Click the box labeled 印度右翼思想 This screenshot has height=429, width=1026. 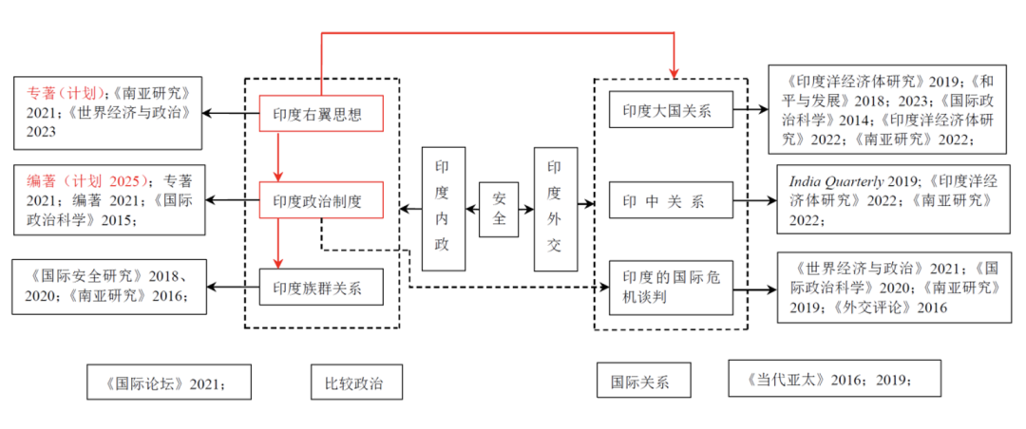coord(321,114)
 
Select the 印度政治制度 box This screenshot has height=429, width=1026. coord(321,200)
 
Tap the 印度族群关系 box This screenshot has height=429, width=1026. coord(321,286)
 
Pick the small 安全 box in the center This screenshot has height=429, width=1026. coord(498,209)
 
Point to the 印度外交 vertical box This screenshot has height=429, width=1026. coord(555,209)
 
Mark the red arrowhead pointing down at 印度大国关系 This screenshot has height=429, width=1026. coord(675,73)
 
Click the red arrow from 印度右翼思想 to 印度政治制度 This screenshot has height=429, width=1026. coord(277,157)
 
